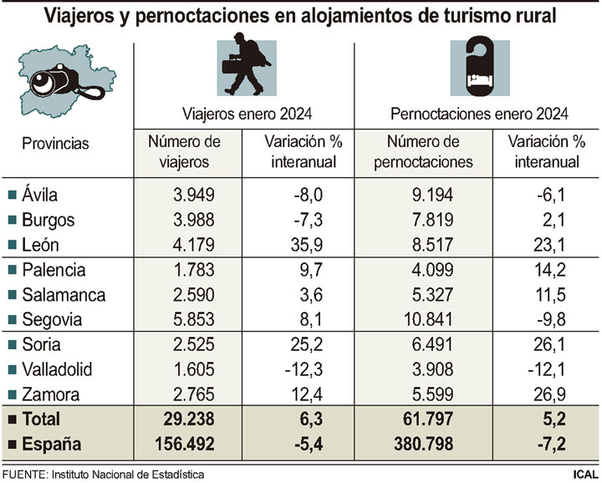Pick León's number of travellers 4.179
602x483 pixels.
click(x=194, y=244)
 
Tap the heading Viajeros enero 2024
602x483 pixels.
click(x=242, y=114)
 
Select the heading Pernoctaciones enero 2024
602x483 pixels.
click(x=480, y=114)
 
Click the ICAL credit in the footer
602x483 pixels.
click(x=584, y=474)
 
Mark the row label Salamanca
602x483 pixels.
click(x=64, y=294)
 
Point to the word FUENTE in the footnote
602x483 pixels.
click(x=23, y=474)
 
